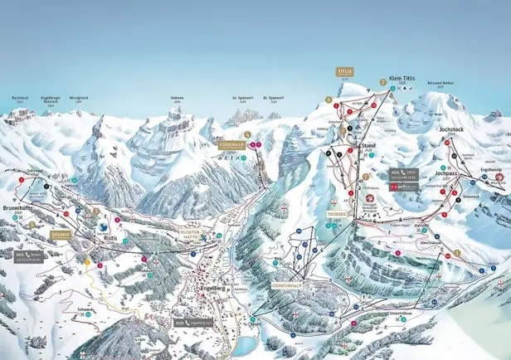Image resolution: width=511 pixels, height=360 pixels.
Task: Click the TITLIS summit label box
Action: click(x=344, y=72)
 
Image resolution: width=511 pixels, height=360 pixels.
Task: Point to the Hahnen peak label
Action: click(x=177, y=97)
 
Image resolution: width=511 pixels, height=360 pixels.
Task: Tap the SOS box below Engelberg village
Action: click(x=191, y=321)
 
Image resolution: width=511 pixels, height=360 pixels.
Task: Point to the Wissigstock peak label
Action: click(x=79, y=97)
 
